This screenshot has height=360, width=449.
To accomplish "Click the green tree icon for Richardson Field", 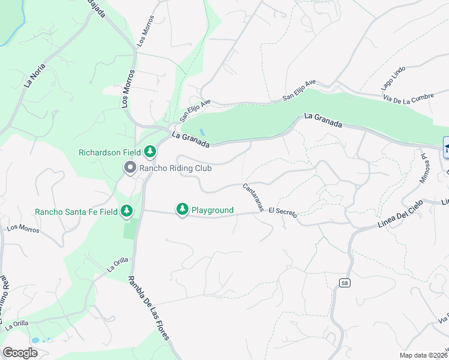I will (149, 152).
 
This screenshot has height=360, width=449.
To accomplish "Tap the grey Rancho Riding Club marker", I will (130, 168).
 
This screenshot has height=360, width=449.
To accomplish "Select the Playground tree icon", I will (182, 209).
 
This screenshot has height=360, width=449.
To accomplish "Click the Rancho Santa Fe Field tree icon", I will (126, 211).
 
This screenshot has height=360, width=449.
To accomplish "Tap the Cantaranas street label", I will (254, 197).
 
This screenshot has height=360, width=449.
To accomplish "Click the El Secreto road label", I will (283, 212).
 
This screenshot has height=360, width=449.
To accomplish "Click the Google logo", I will (20, 353).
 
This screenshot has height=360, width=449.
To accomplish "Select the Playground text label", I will (212, 210).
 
